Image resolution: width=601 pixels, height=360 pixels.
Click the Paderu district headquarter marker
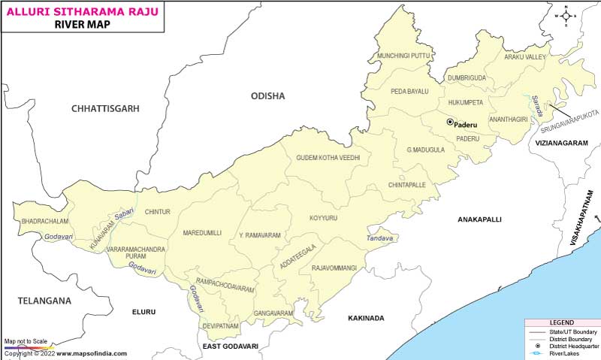point(450,123)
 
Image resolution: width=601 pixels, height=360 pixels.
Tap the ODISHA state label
point(268,96)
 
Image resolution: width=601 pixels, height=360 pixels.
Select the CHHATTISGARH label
point(106,109)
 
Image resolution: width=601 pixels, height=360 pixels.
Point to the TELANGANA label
point(45,301)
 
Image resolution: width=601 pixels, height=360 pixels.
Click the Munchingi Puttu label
point(404,56)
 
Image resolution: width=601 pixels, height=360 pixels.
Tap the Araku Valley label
point(525,57)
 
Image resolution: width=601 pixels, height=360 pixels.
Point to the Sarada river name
point(536,104)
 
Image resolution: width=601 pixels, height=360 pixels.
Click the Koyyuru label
point(323,218)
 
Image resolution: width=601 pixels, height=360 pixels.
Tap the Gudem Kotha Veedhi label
point(328,158)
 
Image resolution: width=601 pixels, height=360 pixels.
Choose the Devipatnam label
point(220,326)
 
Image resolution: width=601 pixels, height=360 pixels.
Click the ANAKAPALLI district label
point(480,219)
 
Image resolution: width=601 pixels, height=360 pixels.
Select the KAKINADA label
point(366,319)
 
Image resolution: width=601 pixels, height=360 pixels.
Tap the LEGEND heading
point(561,322)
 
